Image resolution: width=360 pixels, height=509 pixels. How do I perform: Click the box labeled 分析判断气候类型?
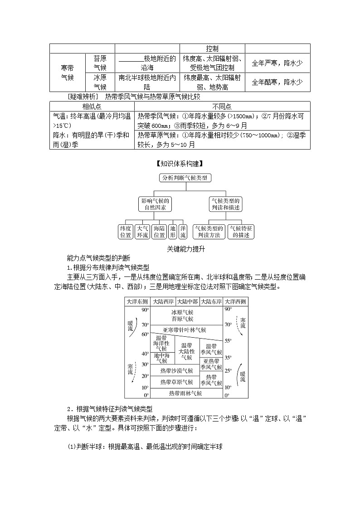click(185, 178)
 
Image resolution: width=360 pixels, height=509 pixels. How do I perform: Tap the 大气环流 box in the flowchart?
click(142, 232)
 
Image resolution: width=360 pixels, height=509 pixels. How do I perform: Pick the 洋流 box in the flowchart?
click(183, 232)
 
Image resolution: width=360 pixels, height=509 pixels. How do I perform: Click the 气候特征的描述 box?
click(241, 232)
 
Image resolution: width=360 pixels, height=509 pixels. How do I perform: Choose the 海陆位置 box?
click(159, 232)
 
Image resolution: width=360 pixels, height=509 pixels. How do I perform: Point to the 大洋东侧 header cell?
click(137, 301)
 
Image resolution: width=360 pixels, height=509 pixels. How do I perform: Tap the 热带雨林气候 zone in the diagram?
click(185, 393)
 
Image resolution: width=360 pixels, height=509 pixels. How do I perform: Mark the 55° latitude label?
click(228, 340)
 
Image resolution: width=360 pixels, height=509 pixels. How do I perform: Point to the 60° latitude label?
click(145, 334)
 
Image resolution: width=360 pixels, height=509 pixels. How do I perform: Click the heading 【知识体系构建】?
click(180, 164)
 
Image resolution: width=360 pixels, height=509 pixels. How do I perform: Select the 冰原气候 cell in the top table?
click(100, 82)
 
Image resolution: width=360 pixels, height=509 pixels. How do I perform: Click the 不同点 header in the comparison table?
click(222, 107)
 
